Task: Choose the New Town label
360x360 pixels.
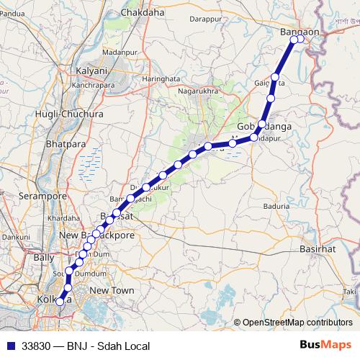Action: click(112, 289)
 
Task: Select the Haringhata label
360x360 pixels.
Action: click(161, 78)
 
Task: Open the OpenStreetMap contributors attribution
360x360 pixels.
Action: click(297, 323)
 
